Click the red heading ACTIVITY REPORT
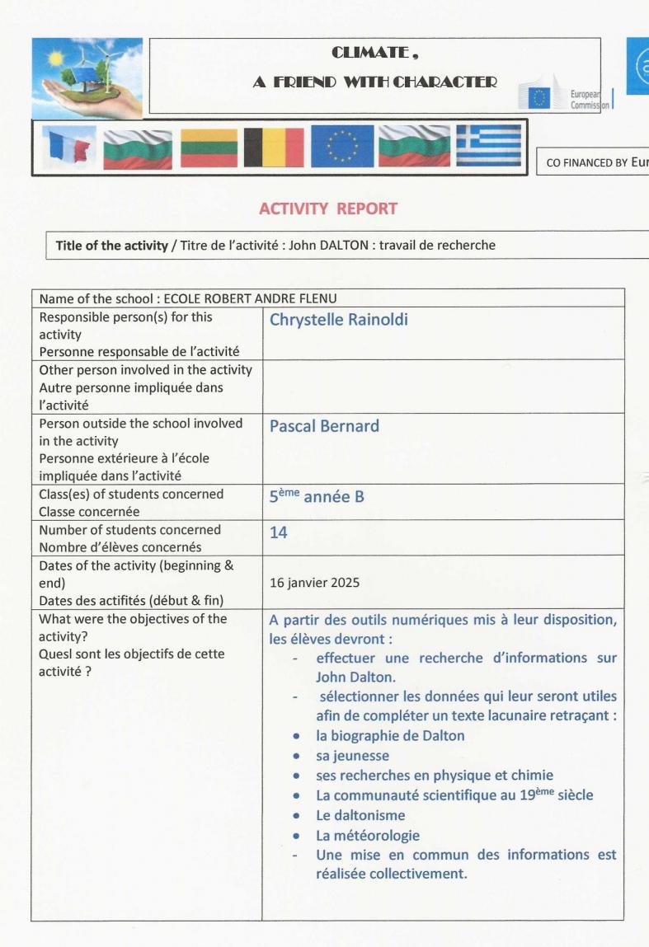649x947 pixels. [328, 209]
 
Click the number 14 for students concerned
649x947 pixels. [279, 533]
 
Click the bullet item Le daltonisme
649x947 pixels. [360, 815]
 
